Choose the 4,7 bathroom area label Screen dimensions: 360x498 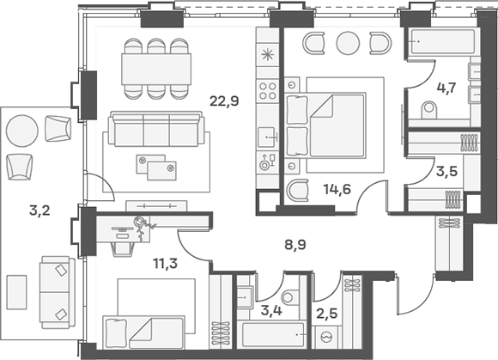click(x=446, y=87)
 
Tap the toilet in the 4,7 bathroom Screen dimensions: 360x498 click(x=430, y=109)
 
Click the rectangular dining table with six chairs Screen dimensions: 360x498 click(x=155, y=66)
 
